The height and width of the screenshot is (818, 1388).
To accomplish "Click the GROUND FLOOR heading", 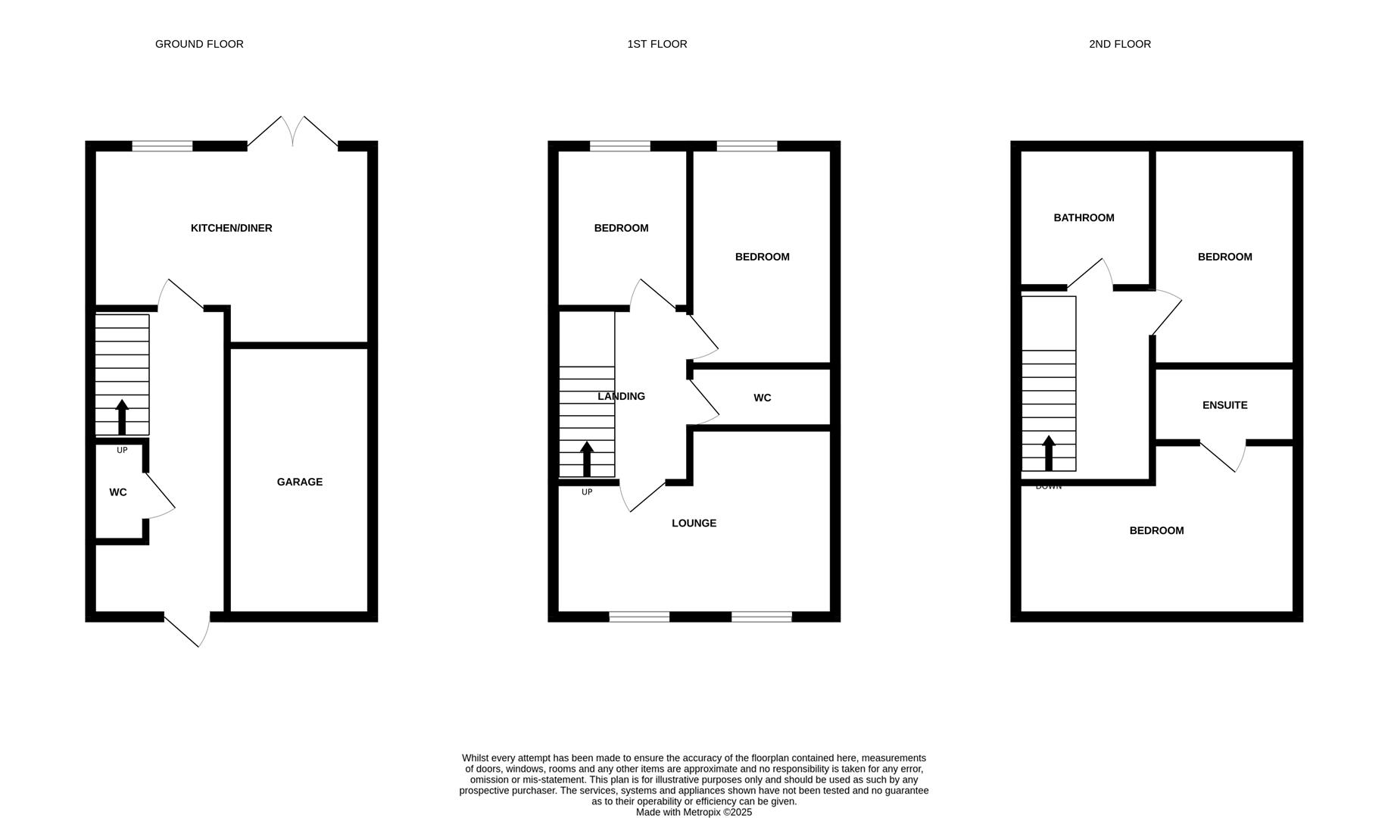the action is click(x=199, y=44).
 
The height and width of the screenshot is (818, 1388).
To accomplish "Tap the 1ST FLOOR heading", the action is click(x=657, y=44).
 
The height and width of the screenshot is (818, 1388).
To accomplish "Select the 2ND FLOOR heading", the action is click(x=1120, y=44).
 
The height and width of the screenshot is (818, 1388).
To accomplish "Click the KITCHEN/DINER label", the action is click(x=231, y=228).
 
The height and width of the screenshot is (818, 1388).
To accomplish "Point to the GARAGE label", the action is click(x=300, y=482).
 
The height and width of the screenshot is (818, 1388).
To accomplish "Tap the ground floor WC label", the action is click(x=118, y=492).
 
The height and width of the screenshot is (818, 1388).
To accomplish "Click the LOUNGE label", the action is click(x=694, y=523).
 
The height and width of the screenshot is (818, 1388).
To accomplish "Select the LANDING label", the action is click(x=621, y=396).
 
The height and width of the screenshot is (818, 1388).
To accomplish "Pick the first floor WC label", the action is click(x=763, y=398).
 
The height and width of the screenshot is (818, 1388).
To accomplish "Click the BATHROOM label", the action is click(x=1084, y=218).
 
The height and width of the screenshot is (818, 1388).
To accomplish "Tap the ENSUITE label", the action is click(x=1224, y=405).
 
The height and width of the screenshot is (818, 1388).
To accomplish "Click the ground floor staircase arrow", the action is click(x=122, y=417).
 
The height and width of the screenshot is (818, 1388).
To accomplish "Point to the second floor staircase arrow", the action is click(x=1049, y=453).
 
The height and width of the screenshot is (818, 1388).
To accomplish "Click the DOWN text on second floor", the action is click(x=1049, y=486).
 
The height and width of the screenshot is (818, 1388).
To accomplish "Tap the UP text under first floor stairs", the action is click(x=587, y=492).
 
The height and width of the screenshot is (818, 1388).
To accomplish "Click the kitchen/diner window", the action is click(x=162, y=146).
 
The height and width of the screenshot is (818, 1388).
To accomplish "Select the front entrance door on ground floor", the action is click(x=187, y=630).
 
